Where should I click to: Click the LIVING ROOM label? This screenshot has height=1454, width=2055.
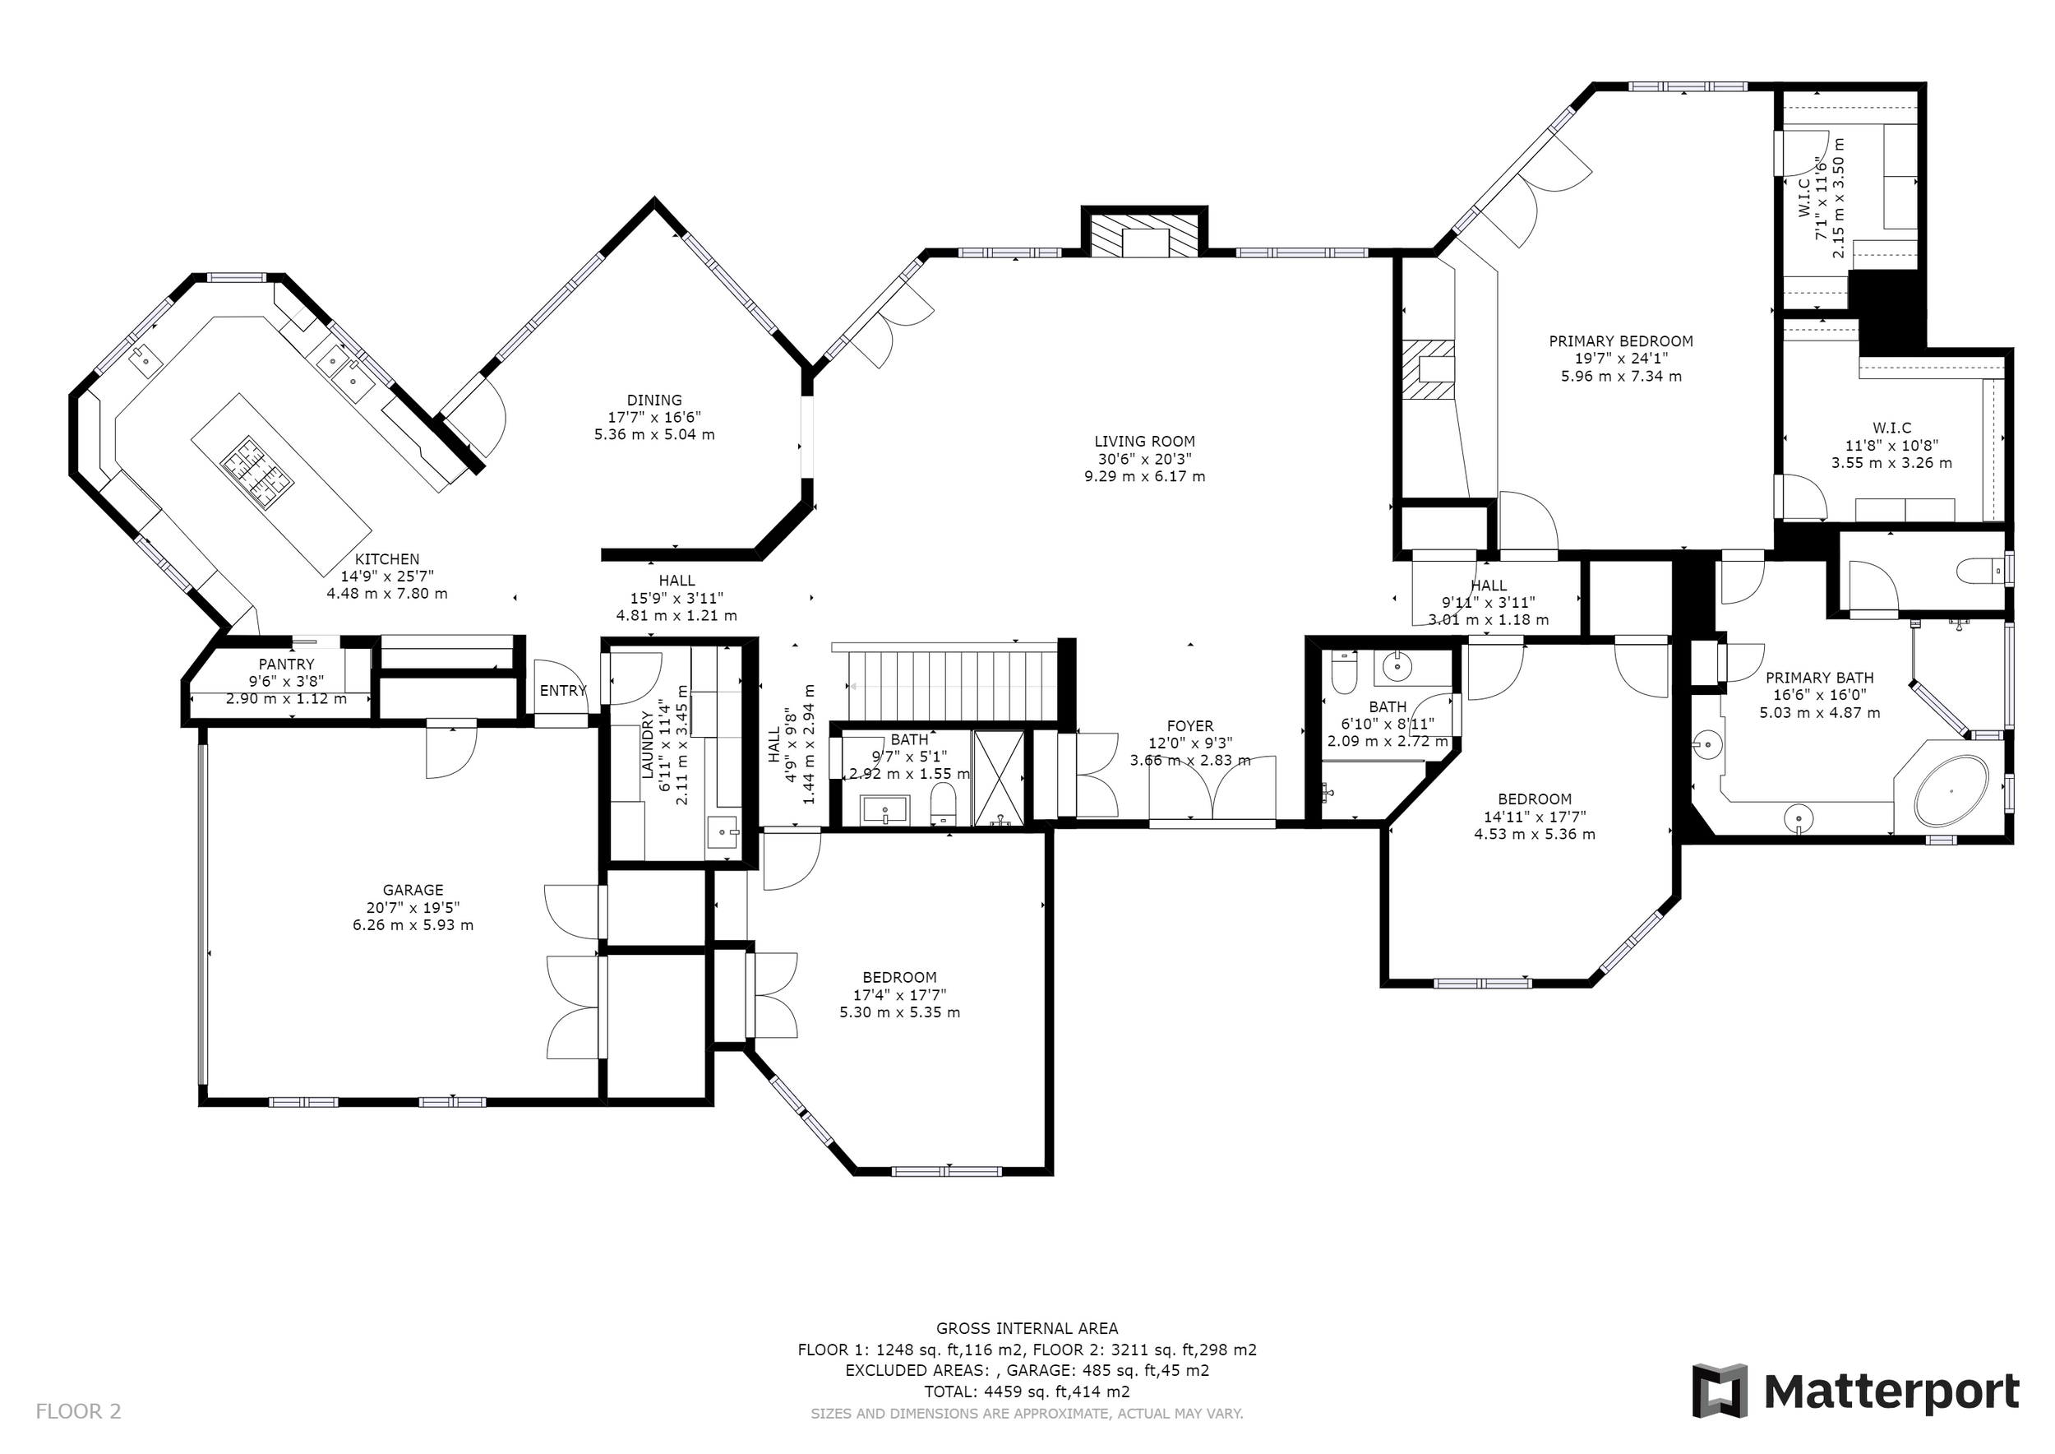1144,442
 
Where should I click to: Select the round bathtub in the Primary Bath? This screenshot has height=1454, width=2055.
1951,791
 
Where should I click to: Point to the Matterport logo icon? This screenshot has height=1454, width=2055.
1720,1391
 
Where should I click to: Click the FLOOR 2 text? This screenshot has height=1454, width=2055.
78,1412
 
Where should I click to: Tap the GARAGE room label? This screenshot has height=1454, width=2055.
413,890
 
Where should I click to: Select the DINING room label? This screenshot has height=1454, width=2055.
654,401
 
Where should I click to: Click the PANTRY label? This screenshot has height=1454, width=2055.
286,664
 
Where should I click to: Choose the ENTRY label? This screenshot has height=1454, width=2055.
562,690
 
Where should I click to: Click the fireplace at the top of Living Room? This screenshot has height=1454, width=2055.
1145,235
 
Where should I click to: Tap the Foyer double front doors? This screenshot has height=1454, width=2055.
1212,788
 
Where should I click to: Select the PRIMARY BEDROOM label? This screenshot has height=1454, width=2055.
1621,341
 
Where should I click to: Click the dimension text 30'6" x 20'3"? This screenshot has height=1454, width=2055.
1144,458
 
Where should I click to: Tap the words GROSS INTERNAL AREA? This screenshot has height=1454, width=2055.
1027,1329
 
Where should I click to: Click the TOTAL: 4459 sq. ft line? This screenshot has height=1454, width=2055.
1027,1391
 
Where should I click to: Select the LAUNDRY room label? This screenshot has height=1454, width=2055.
649,744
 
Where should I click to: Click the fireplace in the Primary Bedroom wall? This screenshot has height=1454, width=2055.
1429,370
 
